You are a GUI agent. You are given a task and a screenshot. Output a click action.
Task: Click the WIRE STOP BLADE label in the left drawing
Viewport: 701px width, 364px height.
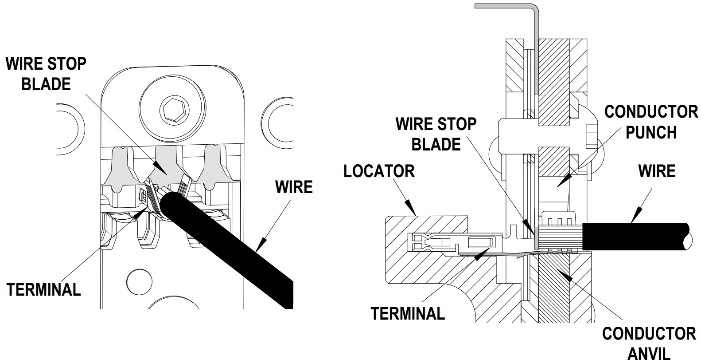pyautogui.click(x=46, y=74)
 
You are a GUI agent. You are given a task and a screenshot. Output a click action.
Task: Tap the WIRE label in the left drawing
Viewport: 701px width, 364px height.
pyautogui.click(x=294, y=187)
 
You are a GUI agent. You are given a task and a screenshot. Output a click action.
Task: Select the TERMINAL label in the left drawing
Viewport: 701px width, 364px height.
pyautogui.click(x=44, y=290)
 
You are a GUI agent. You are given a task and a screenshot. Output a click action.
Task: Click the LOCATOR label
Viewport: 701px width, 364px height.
pyautogui.click(x=379, y=171)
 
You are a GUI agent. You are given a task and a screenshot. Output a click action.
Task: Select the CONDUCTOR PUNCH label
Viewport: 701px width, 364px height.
pyautogui.click(x=651, y=122)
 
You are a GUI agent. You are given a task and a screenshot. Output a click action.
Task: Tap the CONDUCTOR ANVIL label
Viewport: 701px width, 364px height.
pyautogui.click(x=649, y=344)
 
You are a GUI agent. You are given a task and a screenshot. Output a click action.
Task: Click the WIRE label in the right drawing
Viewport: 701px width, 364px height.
pyautogui.click(x=657, y=171)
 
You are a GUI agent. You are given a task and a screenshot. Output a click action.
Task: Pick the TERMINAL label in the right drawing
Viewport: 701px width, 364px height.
pyautogui.click(x=407, y=313)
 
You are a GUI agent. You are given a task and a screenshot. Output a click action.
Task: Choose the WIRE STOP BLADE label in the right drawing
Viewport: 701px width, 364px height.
pyautogui.click(x=436, y=134)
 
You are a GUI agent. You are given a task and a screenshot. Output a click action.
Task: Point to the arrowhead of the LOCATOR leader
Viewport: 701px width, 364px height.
pyautogui.click(x=412, y=209)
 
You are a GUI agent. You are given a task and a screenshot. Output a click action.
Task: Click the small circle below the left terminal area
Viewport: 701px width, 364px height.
pyautogui.click(x=136, y=280)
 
